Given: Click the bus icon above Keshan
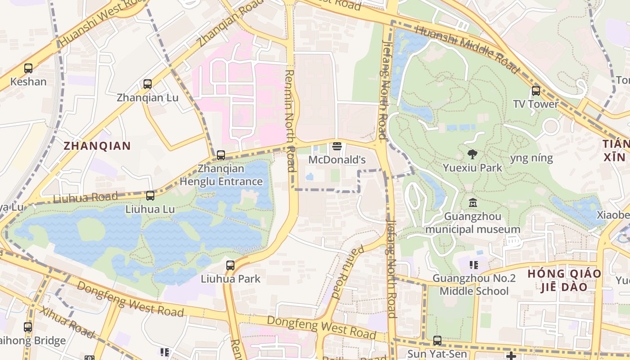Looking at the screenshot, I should coord(28,68).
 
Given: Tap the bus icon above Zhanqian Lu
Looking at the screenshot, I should coord(148,84).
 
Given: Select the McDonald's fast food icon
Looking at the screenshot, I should coord(337,147).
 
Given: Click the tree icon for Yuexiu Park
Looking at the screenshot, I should coord(472,155).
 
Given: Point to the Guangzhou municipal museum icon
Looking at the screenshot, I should coord(472,203).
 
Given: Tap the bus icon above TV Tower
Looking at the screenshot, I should coord(535,91).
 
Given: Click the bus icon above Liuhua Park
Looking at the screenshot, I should coord(230,265).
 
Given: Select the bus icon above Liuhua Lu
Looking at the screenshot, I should coord(150,196).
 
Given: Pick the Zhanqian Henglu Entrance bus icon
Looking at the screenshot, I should coord(221,155).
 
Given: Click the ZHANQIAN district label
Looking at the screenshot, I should coord(97,146).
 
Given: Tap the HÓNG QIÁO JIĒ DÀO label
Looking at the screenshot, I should coord(564,280).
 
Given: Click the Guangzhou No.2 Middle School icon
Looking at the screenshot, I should coord(473,265).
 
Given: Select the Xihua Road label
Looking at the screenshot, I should coord(67,322).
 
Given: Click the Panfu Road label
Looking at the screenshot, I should coord(342,272).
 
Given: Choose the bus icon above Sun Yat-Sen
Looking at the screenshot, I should coord(437,341).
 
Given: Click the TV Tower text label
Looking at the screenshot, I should coord(535,104).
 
